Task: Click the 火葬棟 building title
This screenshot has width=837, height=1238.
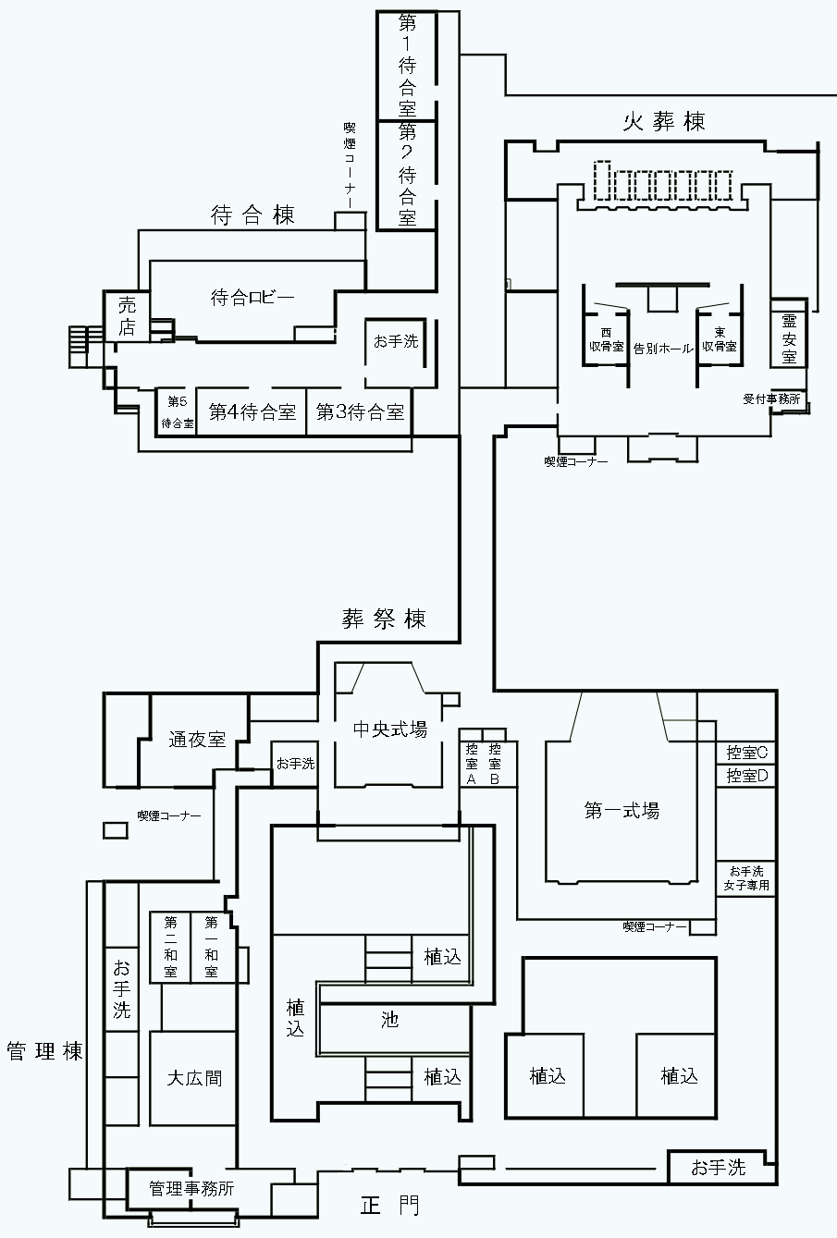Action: click(x=665, y=122)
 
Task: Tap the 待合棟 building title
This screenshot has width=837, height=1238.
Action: click(x=252, y=216)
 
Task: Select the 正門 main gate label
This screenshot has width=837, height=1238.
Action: click(x=389, y=1206)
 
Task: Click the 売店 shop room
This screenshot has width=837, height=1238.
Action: click(x=127, y=316)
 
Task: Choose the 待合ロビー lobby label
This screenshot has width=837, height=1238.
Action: click(x=252, y=298)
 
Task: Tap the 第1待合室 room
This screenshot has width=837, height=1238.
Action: click(x=407, y=61)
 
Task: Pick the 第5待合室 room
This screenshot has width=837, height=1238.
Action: click(x=176, y=412)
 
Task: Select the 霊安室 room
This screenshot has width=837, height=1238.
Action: click(x=789, y=337)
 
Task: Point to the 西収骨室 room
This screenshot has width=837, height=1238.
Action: click(x=606, y=339)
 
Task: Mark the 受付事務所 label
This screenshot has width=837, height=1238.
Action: click(x=771, y=399)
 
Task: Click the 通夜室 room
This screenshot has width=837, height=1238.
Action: click(x=197, y=740)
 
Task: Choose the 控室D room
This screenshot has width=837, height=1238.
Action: click(x=747, y=775)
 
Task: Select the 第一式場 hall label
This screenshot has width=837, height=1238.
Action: click(x=622, y=811)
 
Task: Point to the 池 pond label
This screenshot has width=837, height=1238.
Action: click(x=390, y=1021)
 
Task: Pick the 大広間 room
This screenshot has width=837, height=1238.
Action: click(x=194, y=1078)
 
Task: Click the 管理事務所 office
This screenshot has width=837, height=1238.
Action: click(x=191, y=1189)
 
